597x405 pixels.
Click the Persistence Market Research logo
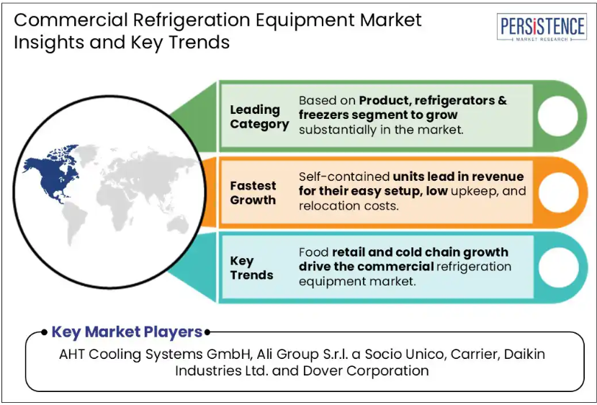tap(542, 27)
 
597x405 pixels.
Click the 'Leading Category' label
tap(259, 117)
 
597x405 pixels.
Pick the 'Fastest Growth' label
tap(253, 192)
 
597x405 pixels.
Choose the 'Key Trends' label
tap(251, 268)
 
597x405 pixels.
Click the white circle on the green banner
tap(557, 116)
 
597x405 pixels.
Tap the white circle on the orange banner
tap(558, 192)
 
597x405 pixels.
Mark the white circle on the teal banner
tap(559, 267)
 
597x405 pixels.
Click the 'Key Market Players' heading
tap(127, 331)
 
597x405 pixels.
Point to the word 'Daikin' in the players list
tap(525, 355)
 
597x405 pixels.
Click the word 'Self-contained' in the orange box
tap(344, 177)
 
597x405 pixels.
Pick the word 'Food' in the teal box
tap(313, 252)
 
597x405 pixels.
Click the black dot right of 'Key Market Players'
tap(207, 332)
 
